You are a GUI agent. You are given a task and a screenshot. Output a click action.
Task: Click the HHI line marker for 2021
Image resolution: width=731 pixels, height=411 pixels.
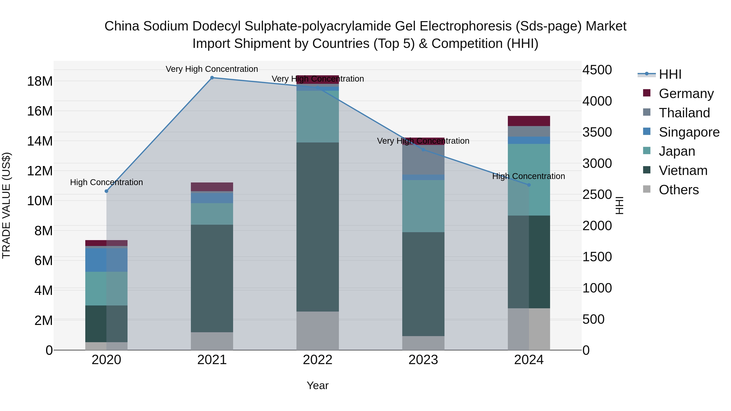click(x=212, y=78)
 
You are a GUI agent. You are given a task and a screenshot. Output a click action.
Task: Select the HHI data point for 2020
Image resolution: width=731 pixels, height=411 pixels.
click(x=106, y=191)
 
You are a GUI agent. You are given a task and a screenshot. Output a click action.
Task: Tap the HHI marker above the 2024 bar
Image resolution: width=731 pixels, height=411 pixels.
click(x=529, y=185)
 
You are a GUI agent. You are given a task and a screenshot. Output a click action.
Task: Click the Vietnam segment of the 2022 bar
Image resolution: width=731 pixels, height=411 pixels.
click(x=318, y=227)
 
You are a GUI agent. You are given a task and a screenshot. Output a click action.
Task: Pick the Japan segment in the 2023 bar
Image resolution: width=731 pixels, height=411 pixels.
click(x=423, y=206)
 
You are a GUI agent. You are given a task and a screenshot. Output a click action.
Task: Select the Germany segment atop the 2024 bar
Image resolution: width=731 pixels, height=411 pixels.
click(x=529, y=121)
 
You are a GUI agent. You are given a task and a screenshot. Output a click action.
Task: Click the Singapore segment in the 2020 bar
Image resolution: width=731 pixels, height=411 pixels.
click(x=106, y=260)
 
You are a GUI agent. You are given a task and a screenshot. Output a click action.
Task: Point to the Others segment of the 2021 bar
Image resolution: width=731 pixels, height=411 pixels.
click(x=212, y=341)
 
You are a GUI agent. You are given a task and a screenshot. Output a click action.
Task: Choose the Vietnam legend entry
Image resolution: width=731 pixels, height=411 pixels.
click(x=683, y=170)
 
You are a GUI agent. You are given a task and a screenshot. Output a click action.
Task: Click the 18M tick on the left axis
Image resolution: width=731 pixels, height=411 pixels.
click(x=40, y=81)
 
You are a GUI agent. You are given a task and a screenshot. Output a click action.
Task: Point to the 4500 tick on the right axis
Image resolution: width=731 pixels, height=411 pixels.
click(x=597, y=70)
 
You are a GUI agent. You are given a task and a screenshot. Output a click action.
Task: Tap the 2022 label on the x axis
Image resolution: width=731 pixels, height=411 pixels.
click(x=318, y=360)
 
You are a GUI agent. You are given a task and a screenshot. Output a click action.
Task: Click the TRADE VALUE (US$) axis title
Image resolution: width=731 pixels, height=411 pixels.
click(x=6, y=205)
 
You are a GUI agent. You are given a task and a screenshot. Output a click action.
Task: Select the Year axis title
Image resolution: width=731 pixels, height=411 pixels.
click(x=318, y=385)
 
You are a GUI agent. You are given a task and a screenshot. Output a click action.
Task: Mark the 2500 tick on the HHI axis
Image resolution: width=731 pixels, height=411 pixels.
click(x=597, y=195)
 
